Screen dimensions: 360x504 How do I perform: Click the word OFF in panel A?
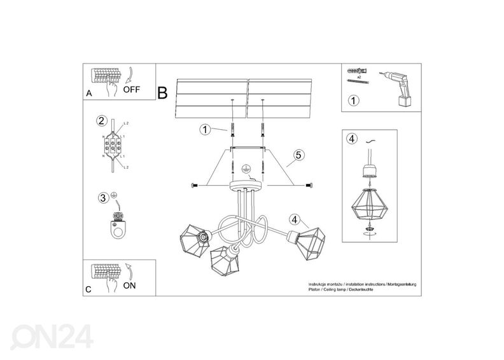click(x=131, y=90)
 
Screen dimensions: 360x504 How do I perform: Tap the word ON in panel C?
click(x=129, y=286)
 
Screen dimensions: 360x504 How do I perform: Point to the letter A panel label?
click(x=88, y=94)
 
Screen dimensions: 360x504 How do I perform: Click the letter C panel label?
click(x=88, y=290)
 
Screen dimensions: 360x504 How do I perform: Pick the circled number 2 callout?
click(x=101, y=121)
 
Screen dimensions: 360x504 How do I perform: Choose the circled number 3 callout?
click(x=102, y=198)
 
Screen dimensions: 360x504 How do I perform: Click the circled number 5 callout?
click(x=298, y=155)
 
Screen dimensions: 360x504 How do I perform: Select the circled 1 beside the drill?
click(x=353, y=100)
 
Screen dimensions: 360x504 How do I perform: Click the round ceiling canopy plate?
click(x=244, y=186)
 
